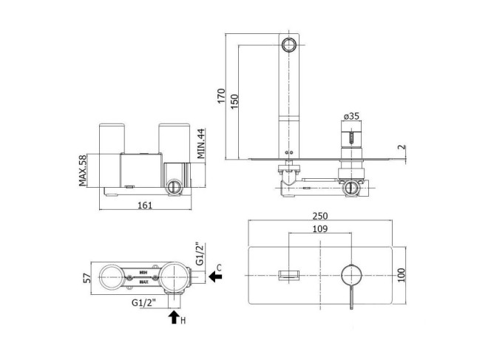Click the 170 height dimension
(x=221, y=96)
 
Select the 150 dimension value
(x=234, y=102)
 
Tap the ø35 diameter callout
(x=351, y=116)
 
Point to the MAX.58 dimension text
(x=82, y=170)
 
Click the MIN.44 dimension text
(x=200, y=143)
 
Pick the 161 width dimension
(x=145, y=206)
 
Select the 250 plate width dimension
(x=320, y=216)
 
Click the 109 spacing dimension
(x=320, y=229)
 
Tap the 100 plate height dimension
(x=401, y=275)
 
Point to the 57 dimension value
(x=87, y=278)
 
